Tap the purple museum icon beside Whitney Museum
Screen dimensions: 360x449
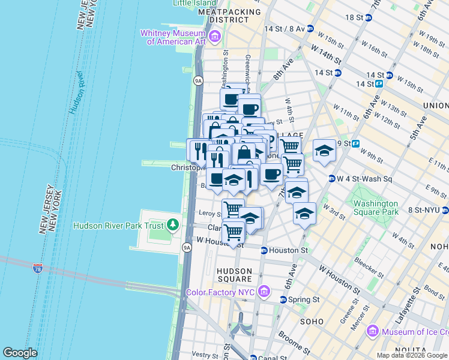coord(214,37)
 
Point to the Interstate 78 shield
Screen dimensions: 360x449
coord(38,269)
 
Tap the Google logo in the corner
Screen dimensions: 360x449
coord(20,353)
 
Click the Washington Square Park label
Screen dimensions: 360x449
coord(376,208)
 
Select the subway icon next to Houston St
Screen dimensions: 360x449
coord(264,250)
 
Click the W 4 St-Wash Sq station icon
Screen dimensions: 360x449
coord(331,178)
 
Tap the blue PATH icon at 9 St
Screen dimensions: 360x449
coord(355,143)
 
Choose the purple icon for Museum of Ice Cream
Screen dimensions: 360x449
coord(373,331)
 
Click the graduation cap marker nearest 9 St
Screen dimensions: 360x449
coord(324,152)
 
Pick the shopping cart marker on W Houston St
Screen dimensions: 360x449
coord(233,231)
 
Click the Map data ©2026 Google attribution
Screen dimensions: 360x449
coord(412,355)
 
